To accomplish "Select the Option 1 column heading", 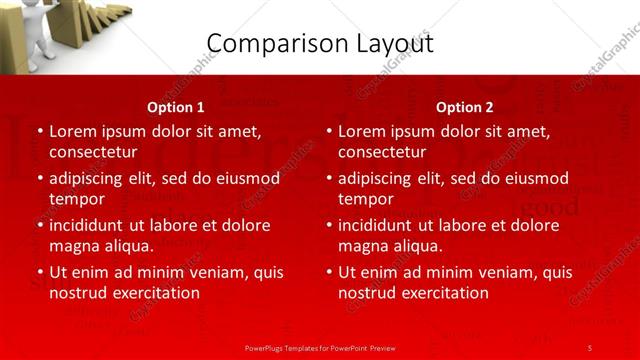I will click(x=176, y=107).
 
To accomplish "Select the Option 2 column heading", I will click(x=465, y=107).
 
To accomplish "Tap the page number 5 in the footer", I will click(x=590, y=347).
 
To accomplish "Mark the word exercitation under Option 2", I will click(x=442, y=293).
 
